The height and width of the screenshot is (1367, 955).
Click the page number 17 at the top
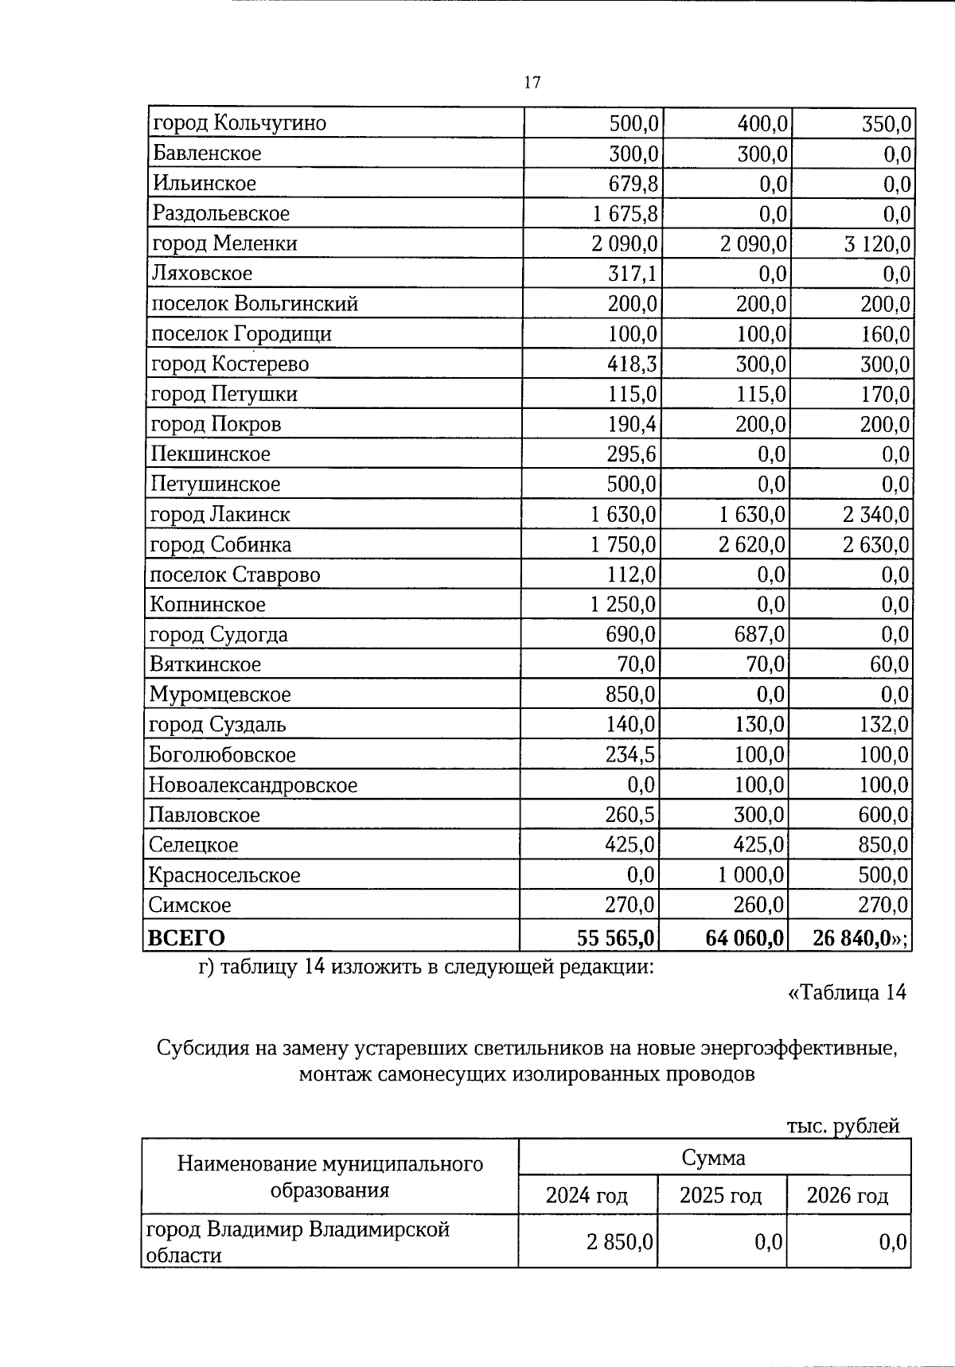coord(532,83)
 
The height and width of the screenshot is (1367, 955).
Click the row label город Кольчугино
coord(239,123)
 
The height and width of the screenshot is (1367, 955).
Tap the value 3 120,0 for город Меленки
coord(877,243)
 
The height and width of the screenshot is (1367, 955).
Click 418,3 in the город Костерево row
coord(632,364)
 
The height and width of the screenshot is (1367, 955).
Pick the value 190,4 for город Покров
coord(632,424)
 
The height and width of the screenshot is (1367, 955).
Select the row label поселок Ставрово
coord(235,574)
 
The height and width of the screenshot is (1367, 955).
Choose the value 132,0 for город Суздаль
coord(883,725)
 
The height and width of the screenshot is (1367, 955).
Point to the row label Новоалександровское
coord(253,785)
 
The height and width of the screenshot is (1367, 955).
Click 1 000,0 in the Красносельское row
coord(751,875)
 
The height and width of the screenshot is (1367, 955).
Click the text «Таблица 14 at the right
coord(846,993)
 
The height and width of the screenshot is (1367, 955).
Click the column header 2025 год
coord(720,1196)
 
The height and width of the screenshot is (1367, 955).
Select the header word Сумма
coord(713,1158)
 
